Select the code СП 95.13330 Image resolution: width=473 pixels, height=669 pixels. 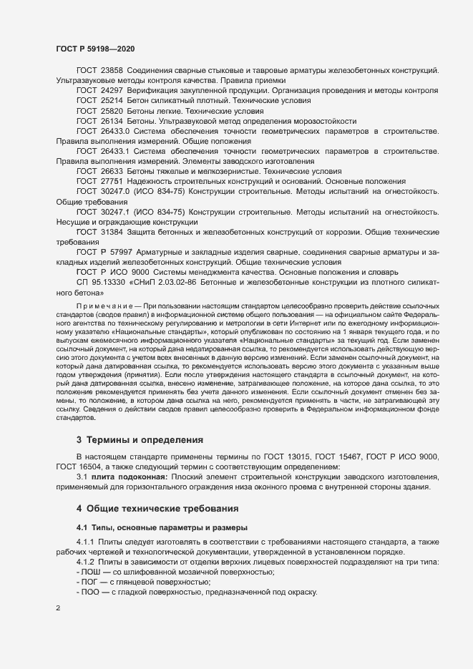click(x=102, y=283)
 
